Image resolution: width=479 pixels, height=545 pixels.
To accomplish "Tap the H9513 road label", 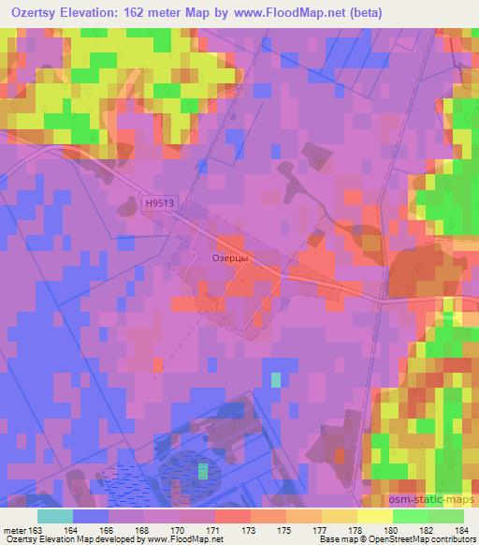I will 161,200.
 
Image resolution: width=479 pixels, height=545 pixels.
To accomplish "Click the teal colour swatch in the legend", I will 55,516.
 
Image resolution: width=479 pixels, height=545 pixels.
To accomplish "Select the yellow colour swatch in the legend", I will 374,516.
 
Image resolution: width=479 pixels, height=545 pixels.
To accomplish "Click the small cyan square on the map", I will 275,380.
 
